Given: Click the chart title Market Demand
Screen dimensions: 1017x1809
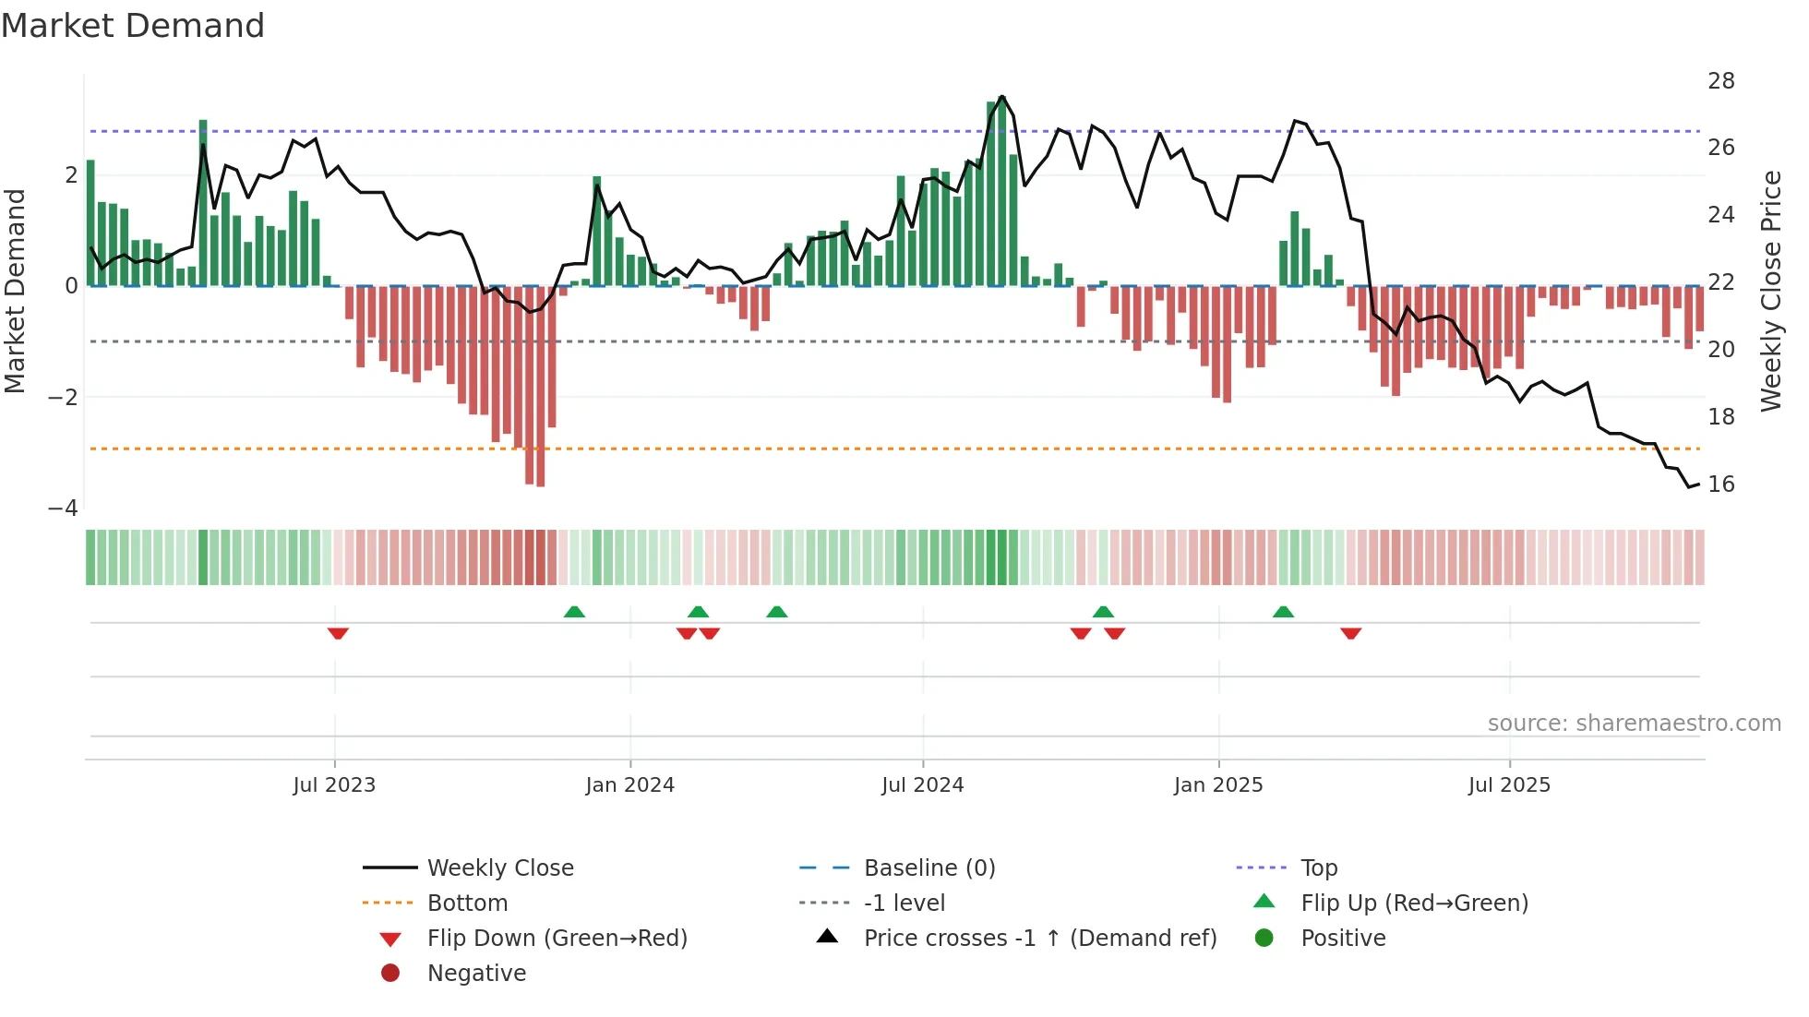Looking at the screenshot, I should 133,26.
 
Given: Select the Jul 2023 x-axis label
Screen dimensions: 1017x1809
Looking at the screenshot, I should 334,785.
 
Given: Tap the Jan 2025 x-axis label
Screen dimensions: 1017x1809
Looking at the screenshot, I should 1218,785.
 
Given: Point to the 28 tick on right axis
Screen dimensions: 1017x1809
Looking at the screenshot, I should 1720,81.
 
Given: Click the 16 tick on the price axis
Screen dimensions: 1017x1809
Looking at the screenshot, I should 1720,485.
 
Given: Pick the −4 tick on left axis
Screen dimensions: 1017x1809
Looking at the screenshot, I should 63,508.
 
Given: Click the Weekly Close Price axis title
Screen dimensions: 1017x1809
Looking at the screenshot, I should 1770,291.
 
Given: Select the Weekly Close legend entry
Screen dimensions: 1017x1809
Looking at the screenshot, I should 499,868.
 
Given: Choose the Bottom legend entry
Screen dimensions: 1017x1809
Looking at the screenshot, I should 467,903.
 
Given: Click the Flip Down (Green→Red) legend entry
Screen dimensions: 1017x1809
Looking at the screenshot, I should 557,939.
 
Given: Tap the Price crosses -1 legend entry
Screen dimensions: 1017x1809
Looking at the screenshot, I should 1039,939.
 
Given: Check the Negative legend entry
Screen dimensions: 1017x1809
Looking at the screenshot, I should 476,974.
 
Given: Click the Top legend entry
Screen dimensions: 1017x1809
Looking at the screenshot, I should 1318,868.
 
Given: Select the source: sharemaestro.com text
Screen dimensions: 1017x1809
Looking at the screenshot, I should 1634,724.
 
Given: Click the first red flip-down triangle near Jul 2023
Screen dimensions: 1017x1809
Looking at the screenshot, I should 338,633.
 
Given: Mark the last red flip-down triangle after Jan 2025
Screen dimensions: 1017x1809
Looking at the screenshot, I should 1351,633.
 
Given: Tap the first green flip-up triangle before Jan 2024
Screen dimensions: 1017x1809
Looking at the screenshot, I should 574,612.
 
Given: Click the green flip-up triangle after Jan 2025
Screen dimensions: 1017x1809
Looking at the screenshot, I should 1283,612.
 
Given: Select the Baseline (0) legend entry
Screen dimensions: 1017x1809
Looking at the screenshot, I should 928,868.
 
